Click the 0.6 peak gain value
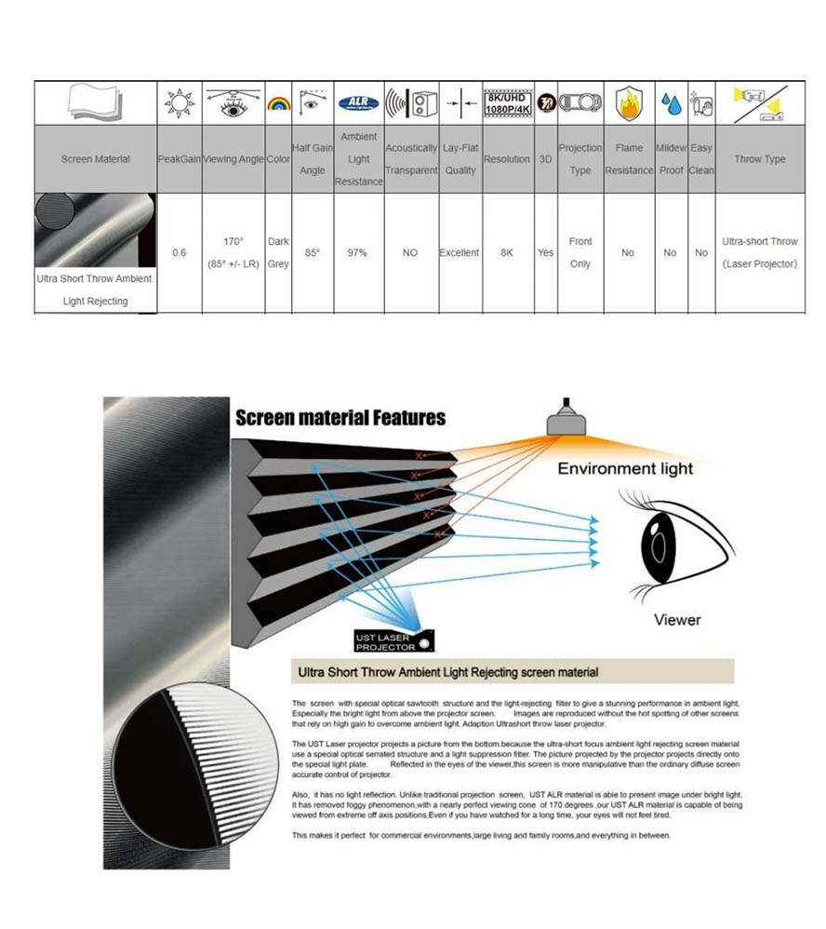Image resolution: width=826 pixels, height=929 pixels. coord(180,252)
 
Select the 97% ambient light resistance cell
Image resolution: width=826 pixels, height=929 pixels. coord(358,252)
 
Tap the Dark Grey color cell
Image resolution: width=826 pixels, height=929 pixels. coord(278,252)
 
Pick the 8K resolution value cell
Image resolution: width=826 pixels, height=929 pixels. coord(507,252)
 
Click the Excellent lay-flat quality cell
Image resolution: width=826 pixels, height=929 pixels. coord(460,252)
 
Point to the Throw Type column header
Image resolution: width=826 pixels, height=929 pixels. coord(760,159)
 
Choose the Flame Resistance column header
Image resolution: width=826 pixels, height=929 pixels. coord(629,159)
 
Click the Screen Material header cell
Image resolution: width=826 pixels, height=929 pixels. coord(96,159)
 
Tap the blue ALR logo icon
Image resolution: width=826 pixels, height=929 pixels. coord(358,103)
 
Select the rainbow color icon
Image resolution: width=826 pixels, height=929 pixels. coord(278,104)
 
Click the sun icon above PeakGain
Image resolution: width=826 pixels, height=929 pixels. coord(180,103)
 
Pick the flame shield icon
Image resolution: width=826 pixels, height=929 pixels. coord(629,103)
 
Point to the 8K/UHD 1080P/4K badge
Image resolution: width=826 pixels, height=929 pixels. coord(507,103)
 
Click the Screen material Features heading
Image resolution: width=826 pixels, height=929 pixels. coord(340,418)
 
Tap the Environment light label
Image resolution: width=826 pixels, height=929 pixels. coord(625,468)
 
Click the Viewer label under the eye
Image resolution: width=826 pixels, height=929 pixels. coord(677,619)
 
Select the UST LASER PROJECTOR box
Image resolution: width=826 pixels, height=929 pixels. coord(394,640)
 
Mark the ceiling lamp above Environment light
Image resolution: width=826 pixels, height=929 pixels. coord(564,416)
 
